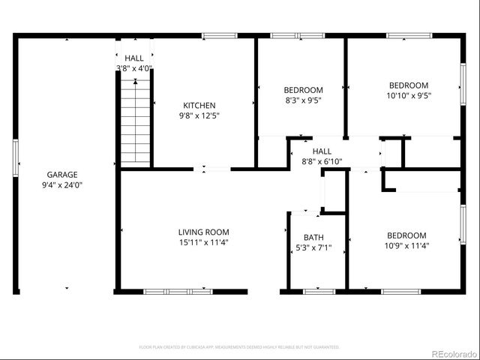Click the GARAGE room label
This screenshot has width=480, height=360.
point(61,175)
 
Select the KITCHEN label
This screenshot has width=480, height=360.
point(199,106)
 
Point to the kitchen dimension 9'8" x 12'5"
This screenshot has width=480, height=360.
point(199,115)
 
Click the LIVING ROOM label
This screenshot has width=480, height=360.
point(203,232)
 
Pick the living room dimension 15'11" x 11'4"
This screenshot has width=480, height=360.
point(203,242)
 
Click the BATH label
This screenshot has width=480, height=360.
point(313,238)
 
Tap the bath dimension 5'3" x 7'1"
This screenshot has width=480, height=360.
point(313,247)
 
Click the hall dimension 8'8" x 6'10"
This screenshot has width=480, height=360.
point(322,161)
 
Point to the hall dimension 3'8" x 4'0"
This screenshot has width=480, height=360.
point(134,68)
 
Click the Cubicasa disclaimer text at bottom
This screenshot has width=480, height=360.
point(239,347)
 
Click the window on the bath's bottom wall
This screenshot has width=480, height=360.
point(314,290)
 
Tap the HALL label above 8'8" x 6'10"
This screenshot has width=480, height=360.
point(322,151)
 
